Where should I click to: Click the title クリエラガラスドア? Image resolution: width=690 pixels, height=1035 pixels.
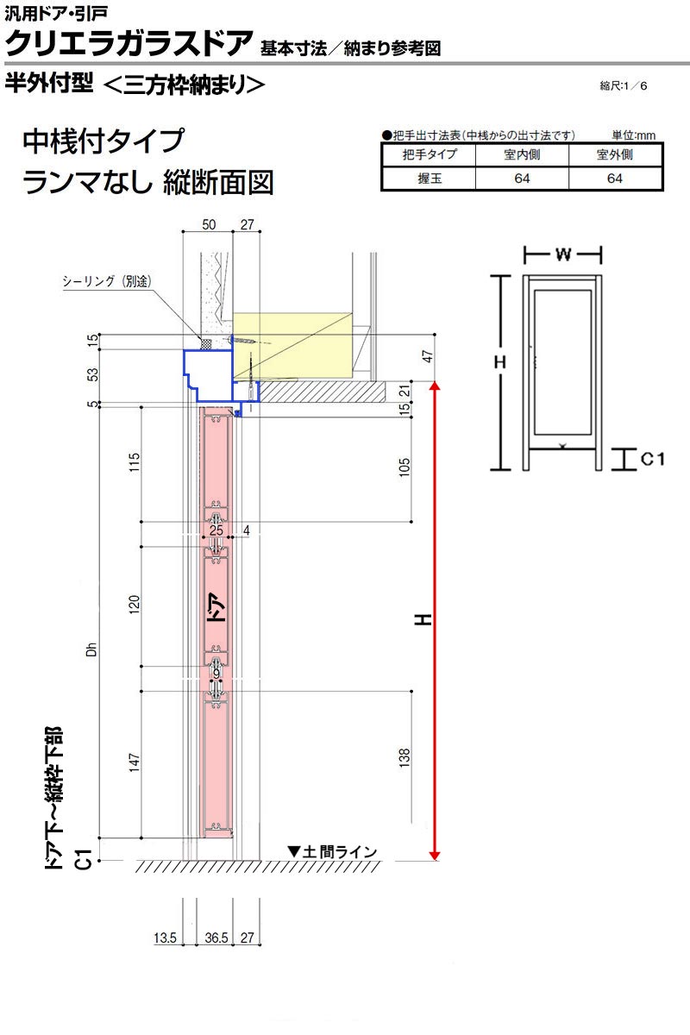coord(128,41)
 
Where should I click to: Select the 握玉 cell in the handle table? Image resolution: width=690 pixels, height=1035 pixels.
coord(429,179)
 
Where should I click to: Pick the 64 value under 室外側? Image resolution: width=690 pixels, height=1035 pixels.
coord(615,179)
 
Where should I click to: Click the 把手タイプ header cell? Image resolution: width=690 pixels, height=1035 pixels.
coord(429,155)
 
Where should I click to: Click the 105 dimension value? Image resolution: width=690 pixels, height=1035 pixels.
coord(405,467)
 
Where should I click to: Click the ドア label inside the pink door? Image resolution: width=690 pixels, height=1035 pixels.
coord(218,610)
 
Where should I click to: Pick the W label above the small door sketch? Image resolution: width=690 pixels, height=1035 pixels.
coord(562,254)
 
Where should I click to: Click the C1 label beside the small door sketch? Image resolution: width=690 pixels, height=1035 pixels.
coord(653,460)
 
